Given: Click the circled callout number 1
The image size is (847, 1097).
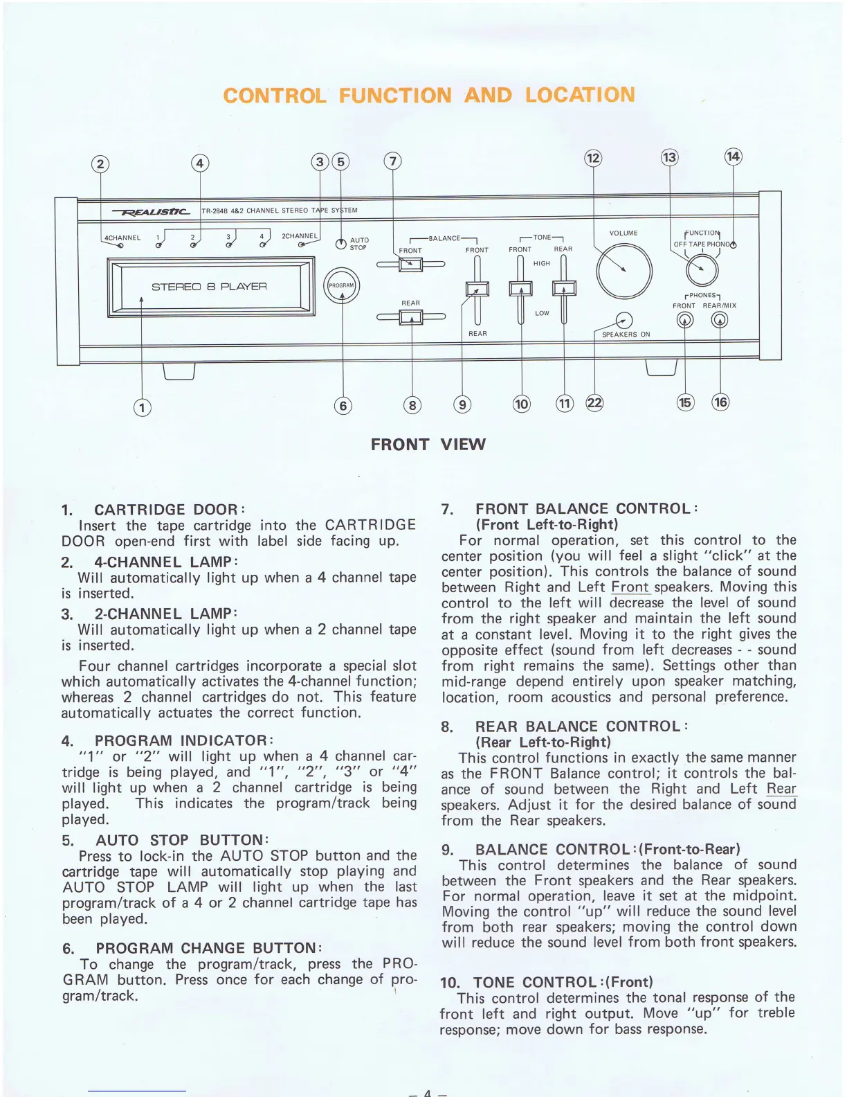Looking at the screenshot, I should click(142, 407).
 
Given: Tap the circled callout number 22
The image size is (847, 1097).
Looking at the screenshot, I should click(594, 403).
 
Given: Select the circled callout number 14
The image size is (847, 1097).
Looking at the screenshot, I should click(733, 157).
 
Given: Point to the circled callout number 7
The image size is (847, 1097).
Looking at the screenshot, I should click(392, 161).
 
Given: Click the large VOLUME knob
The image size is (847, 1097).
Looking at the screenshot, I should click(624, 270).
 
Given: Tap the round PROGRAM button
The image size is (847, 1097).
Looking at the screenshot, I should click(341, 285).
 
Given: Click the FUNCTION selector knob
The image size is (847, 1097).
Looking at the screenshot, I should click(702, 268).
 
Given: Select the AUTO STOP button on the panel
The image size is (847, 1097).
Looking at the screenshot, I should click(340, 244).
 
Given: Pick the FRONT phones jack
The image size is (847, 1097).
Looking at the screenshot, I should click(684, 320).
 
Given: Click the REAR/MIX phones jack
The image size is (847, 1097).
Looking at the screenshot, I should click(720, 320).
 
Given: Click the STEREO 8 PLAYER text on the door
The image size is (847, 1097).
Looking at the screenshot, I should click(209, 287).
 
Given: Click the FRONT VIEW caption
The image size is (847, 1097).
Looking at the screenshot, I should click(428, 445).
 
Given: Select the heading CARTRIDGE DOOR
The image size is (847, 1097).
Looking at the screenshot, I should click(170, 510).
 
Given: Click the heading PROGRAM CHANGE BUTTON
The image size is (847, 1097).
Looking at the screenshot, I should click(208, 948).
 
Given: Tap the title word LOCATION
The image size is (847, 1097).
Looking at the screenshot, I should click(579, 95).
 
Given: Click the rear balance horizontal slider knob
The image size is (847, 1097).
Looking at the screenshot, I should click(411, 317).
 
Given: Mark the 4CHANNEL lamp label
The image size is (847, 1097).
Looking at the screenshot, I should click(122, 238).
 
